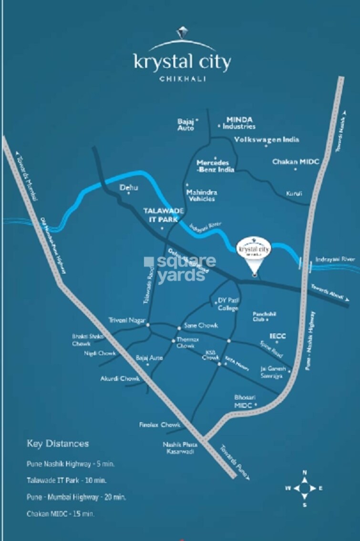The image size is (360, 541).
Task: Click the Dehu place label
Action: tap(129, 188)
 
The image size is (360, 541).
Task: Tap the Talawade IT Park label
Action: tap(161, 214)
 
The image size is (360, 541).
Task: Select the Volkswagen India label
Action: tap(267, 140)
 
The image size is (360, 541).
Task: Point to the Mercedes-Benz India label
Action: tap(216, 166)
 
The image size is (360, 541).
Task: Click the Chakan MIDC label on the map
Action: tap(296, 162)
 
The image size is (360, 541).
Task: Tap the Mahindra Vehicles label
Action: tap(202, 195)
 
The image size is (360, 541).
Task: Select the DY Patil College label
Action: tap(228, 304)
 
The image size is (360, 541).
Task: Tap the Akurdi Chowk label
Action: tap(120, 378)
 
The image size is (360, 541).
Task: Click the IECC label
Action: tap(278, 337)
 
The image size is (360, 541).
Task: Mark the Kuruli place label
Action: tap(294, 194)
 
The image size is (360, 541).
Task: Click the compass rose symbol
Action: tap(305, 488)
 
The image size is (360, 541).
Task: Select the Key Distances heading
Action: tap(58, 444)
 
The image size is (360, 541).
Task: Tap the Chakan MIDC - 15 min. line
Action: tap(61, 514)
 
